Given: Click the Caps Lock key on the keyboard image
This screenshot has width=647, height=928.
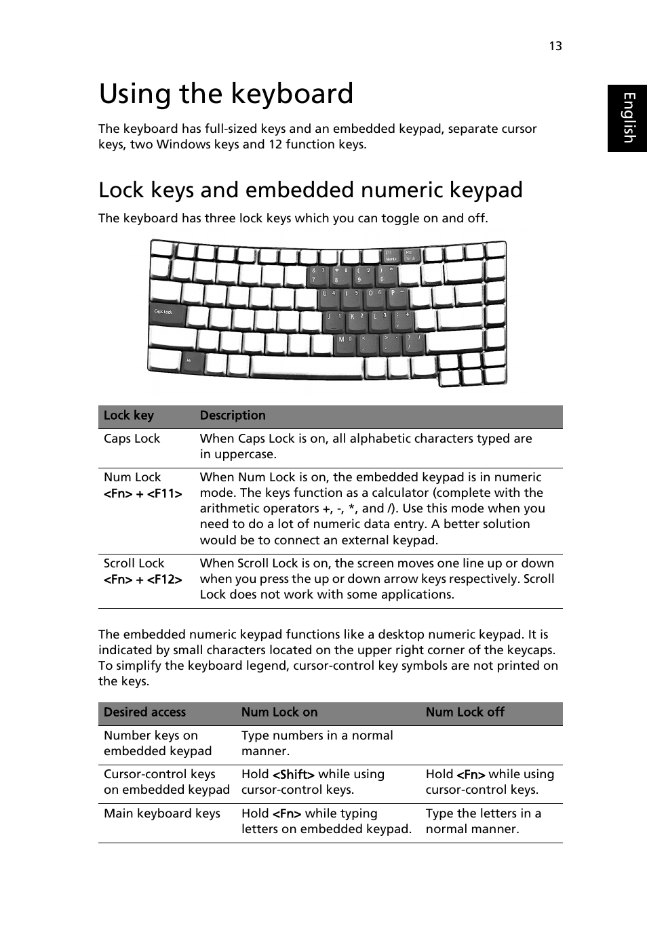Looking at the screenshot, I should (x=165, y=313).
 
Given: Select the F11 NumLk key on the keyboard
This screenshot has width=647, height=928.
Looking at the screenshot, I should (x=391, y=256).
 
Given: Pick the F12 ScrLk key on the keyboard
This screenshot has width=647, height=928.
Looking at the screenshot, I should (x=411, y=256).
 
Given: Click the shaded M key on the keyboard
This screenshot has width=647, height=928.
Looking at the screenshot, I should (x=345, y=340).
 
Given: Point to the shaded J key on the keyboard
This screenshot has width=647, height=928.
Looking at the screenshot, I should (x=334, y=318).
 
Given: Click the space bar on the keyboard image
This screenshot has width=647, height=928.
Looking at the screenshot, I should (x=306, y=367).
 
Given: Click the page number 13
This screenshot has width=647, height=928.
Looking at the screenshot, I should (x=555, y=46).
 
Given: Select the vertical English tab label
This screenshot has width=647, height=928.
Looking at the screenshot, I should (x=628, y=118).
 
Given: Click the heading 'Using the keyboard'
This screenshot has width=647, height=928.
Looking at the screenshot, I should (x=226, y=94).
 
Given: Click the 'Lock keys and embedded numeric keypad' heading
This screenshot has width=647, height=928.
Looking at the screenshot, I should (x=310, y=190).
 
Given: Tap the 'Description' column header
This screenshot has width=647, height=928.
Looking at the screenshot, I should (x=233, y=416).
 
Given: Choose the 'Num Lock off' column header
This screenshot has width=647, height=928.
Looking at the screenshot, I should (x=465, y=712).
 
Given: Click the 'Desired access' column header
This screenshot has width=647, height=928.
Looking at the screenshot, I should (x=144, y=712).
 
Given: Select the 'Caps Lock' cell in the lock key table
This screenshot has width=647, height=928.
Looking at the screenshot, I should (x=132, y=439).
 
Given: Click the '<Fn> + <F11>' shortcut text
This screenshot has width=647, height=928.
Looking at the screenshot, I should (x=142, y=493).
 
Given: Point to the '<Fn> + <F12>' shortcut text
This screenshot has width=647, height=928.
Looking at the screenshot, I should (x=142, y=580).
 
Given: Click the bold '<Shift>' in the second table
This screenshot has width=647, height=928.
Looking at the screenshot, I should (x=294, y=774).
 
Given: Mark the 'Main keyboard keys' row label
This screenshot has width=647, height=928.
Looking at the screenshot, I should (x=161, y=813).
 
